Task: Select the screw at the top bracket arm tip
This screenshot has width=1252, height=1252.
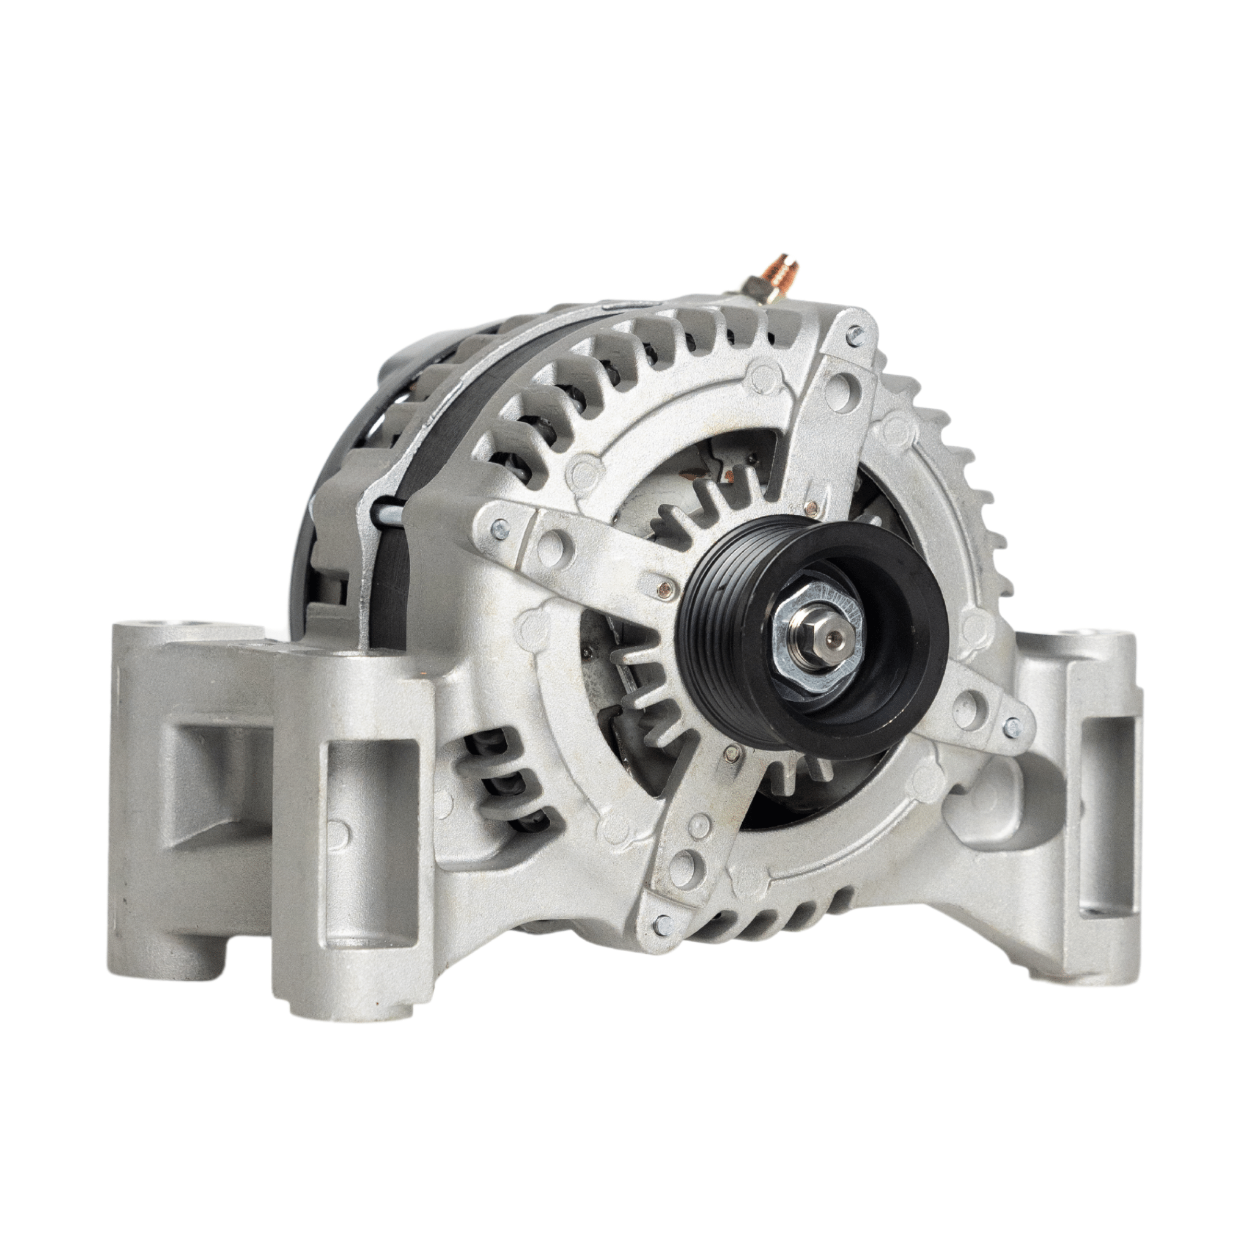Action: [x=857, y=336]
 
